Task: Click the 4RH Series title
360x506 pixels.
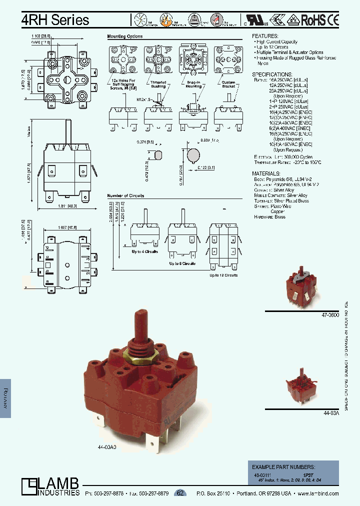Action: [55, 19]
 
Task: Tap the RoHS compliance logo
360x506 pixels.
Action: [313, 20]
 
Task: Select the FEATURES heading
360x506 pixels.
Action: [265, 36]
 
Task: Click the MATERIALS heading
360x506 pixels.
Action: [267, 173]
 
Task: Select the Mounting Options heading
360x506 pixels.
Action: [125, 36]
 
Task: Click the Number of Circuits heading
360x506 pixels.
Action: [125, 195]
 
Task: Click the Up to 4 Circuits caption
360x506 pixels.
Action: [145, 251]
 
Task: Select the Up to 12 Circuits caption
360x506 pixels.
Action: [223, 275]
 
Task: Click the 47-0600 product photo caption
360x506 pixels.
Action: [330, 315]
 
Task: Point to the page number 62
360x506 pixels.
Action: [180, 493]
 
